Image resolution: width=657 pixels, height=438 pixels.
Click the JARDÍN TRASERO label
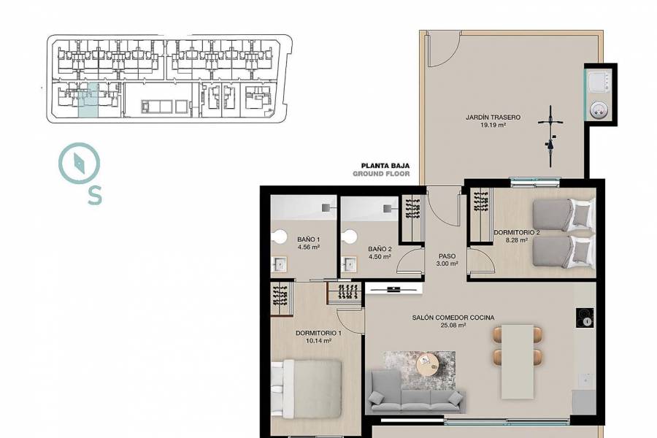coord(493,117)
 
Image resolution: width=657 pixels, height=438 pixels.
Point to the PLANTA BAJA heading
coord(381,166)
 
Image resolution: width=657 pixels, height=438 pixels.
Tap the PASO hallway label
coord(447,256)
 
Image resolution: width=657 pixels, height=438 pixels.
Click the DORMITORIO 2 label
coord(517,233)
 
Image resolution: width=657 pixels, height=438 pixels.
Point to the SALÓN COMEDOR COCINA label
coord(453,318)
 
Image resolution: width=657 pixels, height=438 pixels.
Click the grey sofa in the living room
coord(416,393)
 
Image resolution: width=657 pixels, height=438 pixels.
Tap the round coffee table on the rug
coord(426,363)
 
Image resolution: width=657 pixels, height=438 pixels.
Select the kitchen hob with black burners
coord(585,318)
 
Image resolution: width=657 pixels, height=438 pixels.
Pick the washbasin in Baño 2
coord(350,264)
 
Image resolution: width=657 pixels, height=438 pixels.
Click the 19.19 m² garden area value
coord(493,126)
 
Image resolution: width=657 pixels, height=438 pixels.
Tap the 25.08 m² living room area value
coord(453,326)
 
